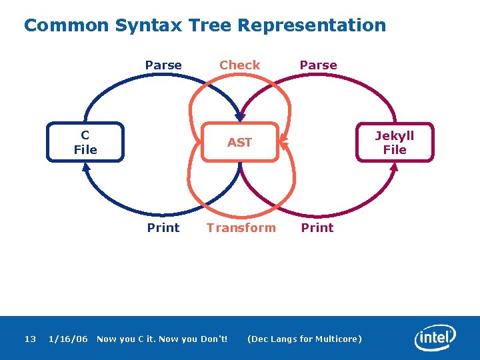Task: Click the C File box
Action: click(85, 142)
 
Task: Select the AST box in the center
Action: click(239, 142)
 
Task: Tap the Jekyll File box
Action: click(395, 142)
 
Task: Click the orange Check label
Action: click(239, 65)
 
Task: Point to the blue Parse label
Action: click(163, 65)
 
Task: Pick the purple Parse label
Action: click(318, 65)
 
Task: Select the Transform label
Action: click(241, 227)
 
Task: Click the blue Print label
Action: click(163, 227)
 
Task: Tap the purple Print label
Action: click(317, 227)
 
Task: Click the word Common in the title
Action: click(66, 25)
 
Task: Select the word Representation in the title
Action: click(311, 25)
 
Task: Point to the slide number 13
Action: click(30, 339)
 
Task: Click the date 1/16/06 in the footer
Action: click(68, 339)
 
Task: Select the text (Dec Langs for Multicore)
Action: click(305, 339)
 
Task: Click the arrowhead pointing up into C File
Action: click(86, 167)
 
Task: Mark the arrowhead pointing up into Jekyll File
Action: click(394, 167)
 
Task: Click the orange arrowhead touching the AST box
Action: click(283, 140)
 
